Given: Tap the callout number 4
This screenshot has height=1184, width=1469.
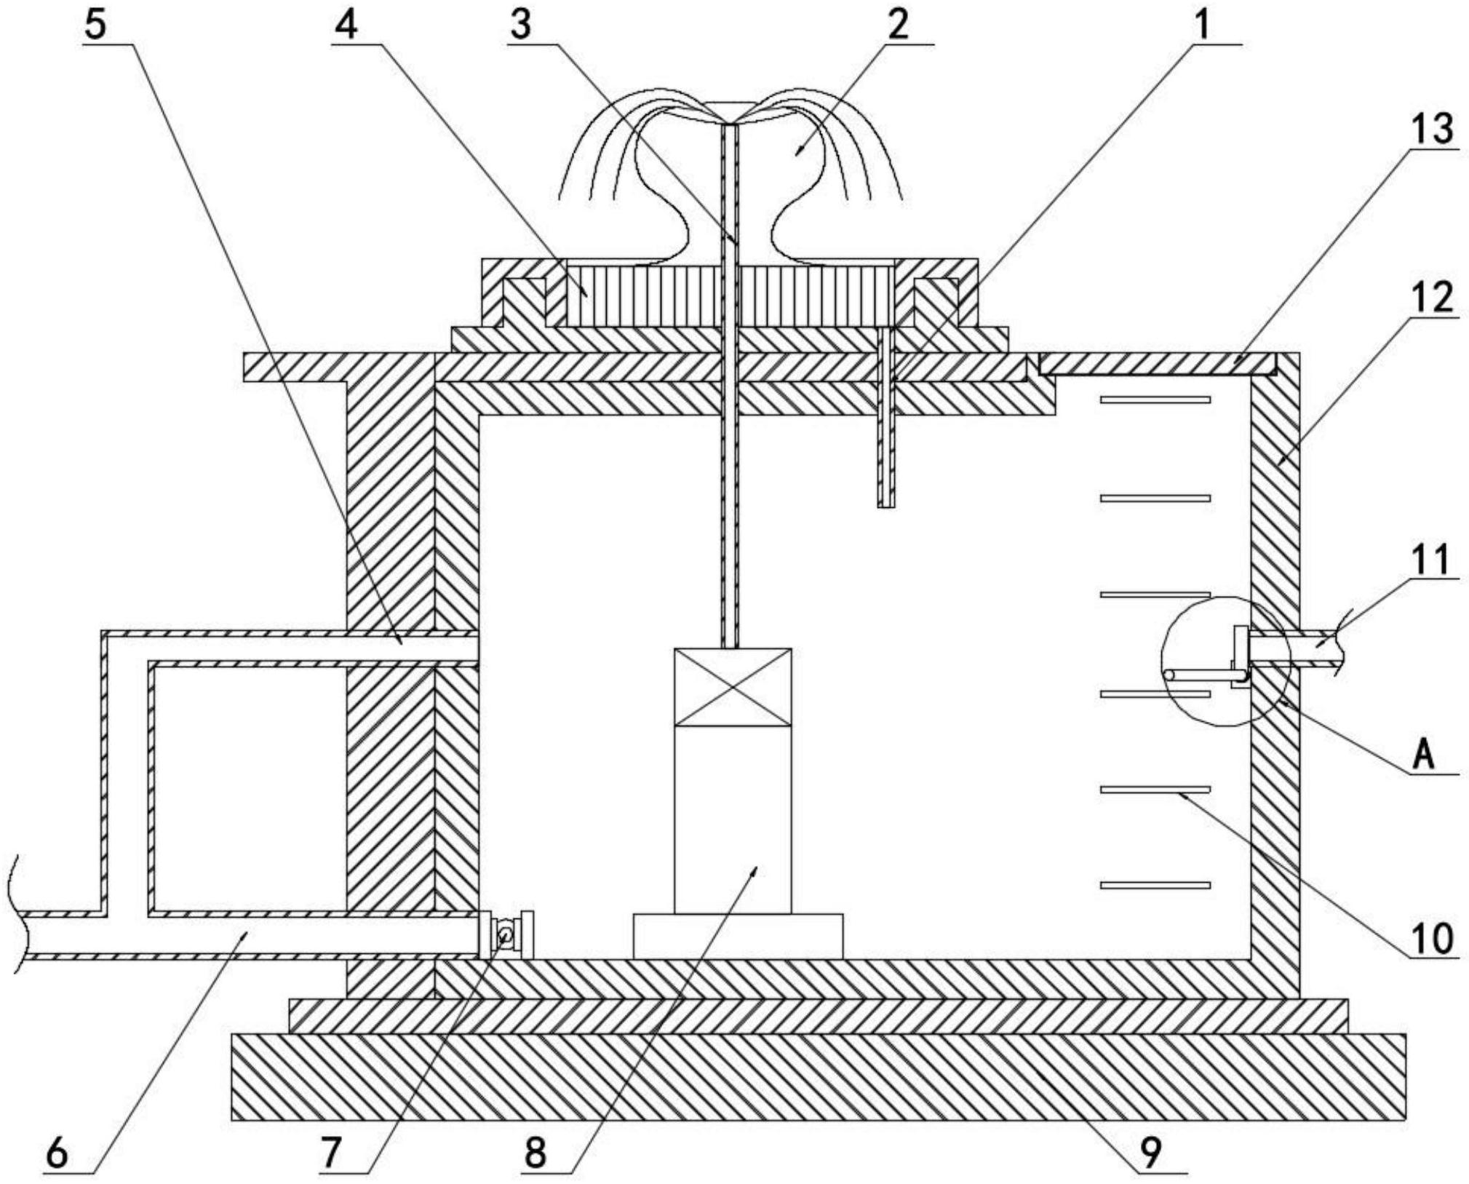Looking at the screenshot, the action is [347, 25].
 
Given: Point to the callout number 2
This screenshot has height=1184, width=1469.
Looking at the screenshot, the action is [898, 25].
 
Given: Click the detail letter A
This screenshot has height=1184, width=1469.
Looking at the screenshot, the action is [1424, 755].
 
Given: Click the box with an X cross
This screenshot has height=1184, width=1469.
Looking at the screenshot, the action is [733, 688].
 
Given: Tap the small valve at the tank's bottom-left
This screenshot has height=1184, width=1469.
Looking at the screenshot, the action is [506, 934].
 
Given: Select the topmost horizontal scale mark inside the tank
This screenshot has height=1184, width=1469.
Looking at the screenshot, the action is [1155, 400].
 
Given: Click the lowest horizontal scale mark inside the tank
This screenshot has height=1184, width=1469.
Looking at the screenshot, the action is [1155, 886].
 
